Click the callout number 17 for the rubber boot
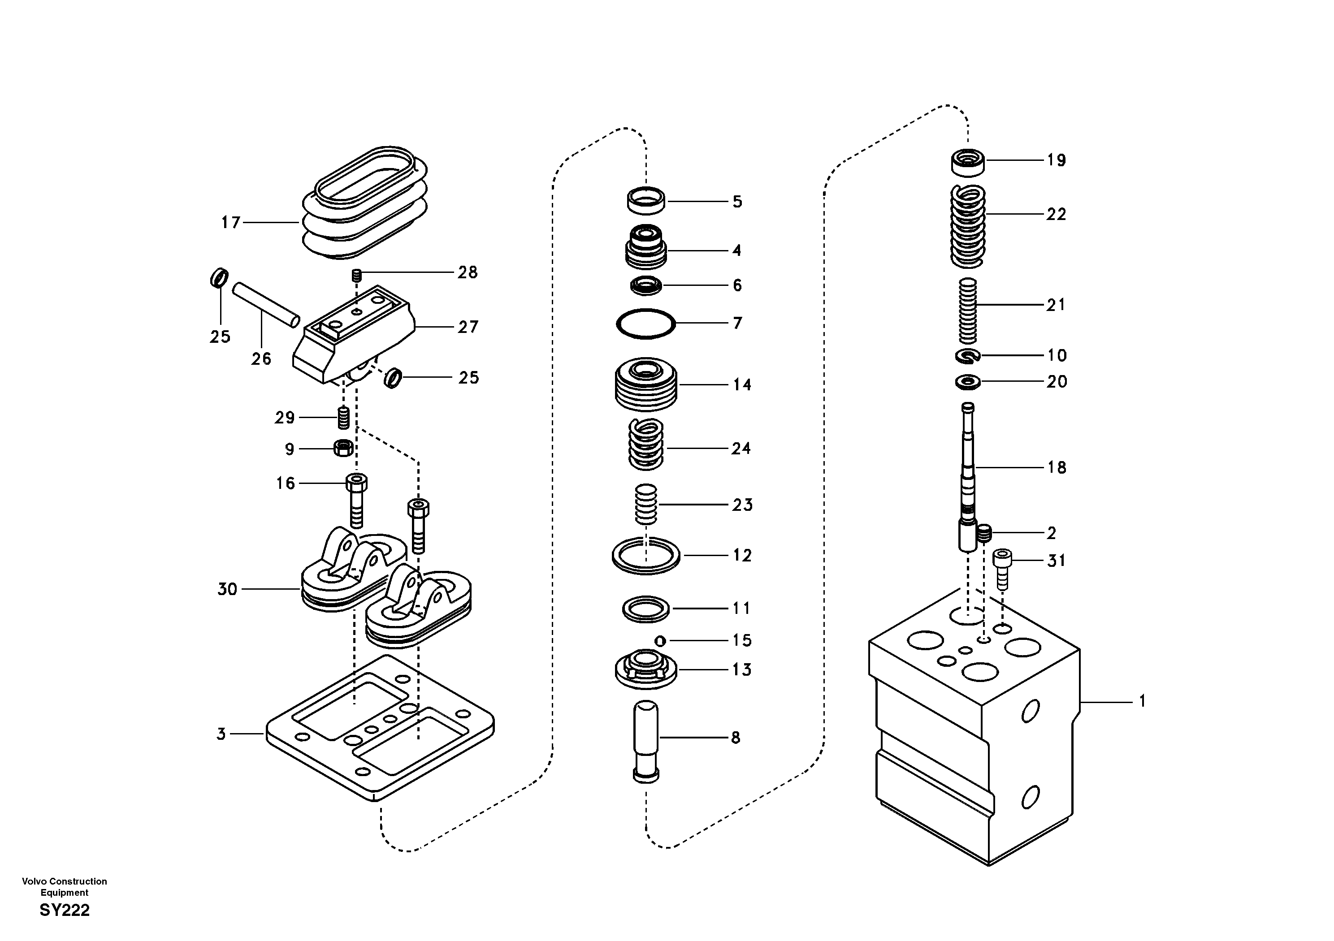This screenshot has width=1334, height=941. point(231,222)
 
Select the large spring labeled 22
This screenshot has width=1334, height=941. point(967,227)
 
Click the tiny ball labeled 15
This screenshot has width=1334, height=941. point(659,641)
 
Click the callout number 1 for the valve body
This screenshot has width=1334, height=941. point(1142,702)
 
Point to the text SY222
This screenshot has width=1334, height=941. point(65,910)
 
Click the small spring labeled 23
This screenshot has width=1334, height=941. point(645,504)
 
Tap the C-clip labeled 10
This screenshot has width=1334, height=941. point(967,355)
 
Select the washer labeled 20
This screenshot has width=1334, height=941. point(967,382)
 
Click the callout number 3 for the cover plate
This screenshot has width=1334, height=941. point(221,734)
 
